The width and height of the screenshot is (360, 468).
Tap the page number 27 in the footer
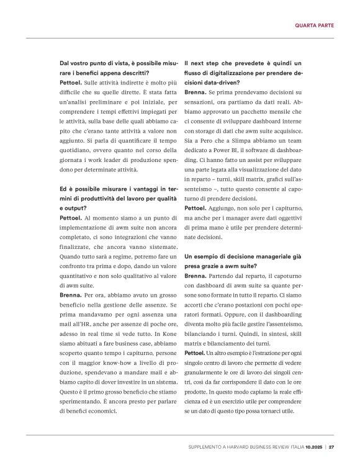(332, 446)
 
